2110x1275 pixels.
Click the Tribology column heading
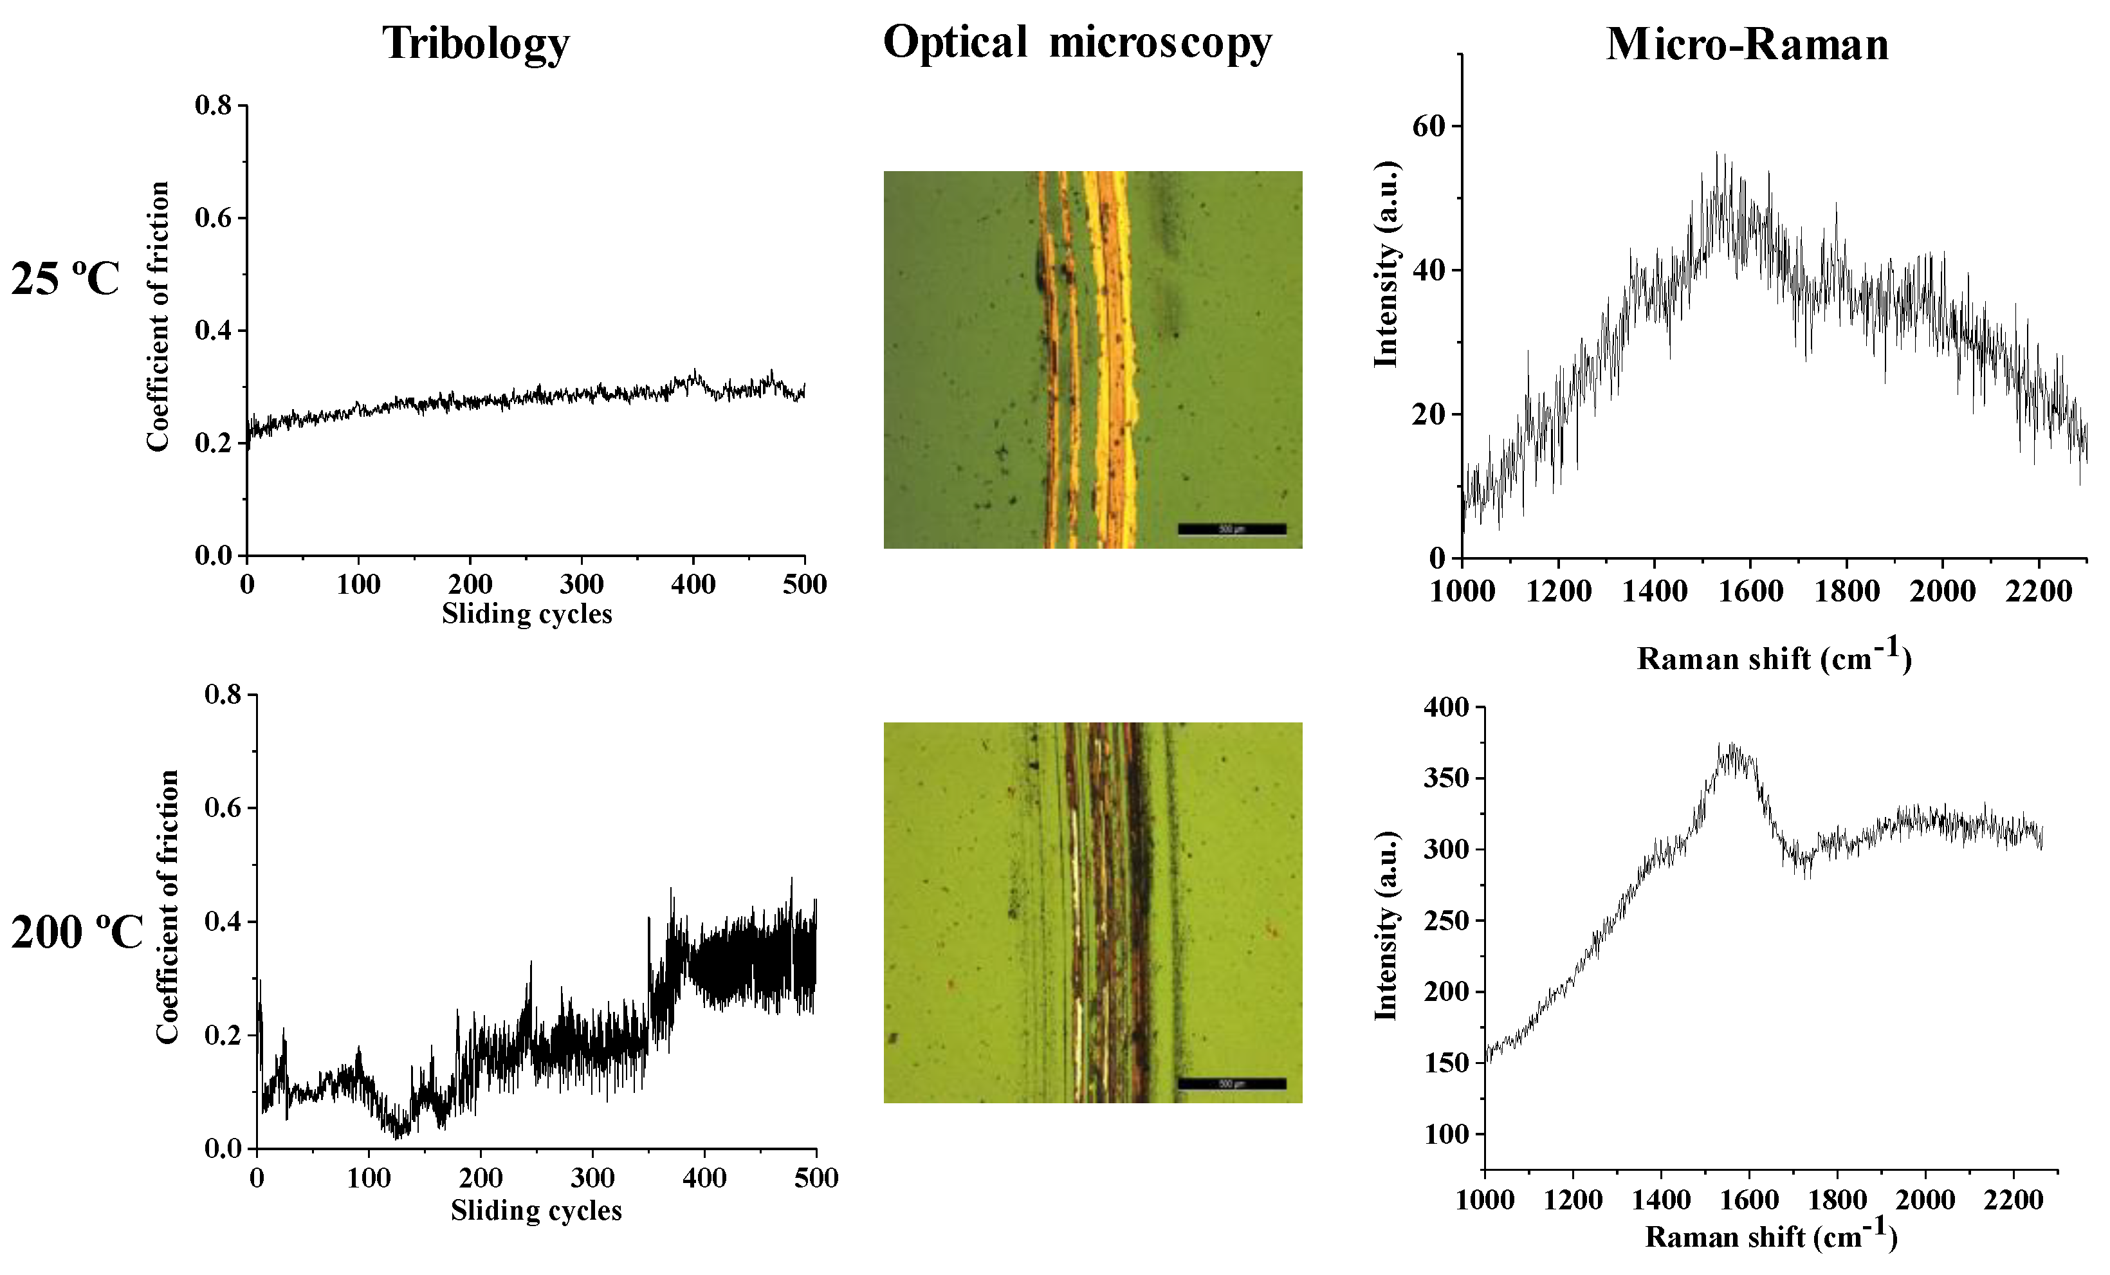point(475,43)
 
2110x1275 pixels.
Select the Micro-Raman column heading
point(1747,44)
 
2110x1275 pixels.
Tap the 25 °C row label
point(65,279)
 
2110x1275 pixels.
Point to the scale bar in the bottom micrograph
point(1231,1084)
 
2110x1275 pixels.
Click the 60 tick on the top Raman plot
point(1428,126)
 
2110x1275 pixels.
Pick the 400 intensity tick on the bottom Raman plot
point(1445,707)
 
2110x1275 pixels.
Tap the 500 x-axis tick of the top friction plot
point(805,584)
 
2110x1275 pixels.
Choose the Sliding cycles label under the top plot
point(527,614)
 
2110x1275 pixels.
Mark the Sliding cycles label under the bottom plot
point(536,1211)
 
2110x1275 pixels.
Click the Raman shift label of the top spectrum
point(1774,657)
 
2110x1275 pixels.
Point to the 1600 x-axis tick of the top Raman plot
point(1750,591)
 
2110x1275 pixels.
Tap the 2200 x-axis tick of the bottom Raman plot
point(2014,1200)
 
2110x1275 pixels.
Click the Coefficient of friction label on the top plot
point(158,317)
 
